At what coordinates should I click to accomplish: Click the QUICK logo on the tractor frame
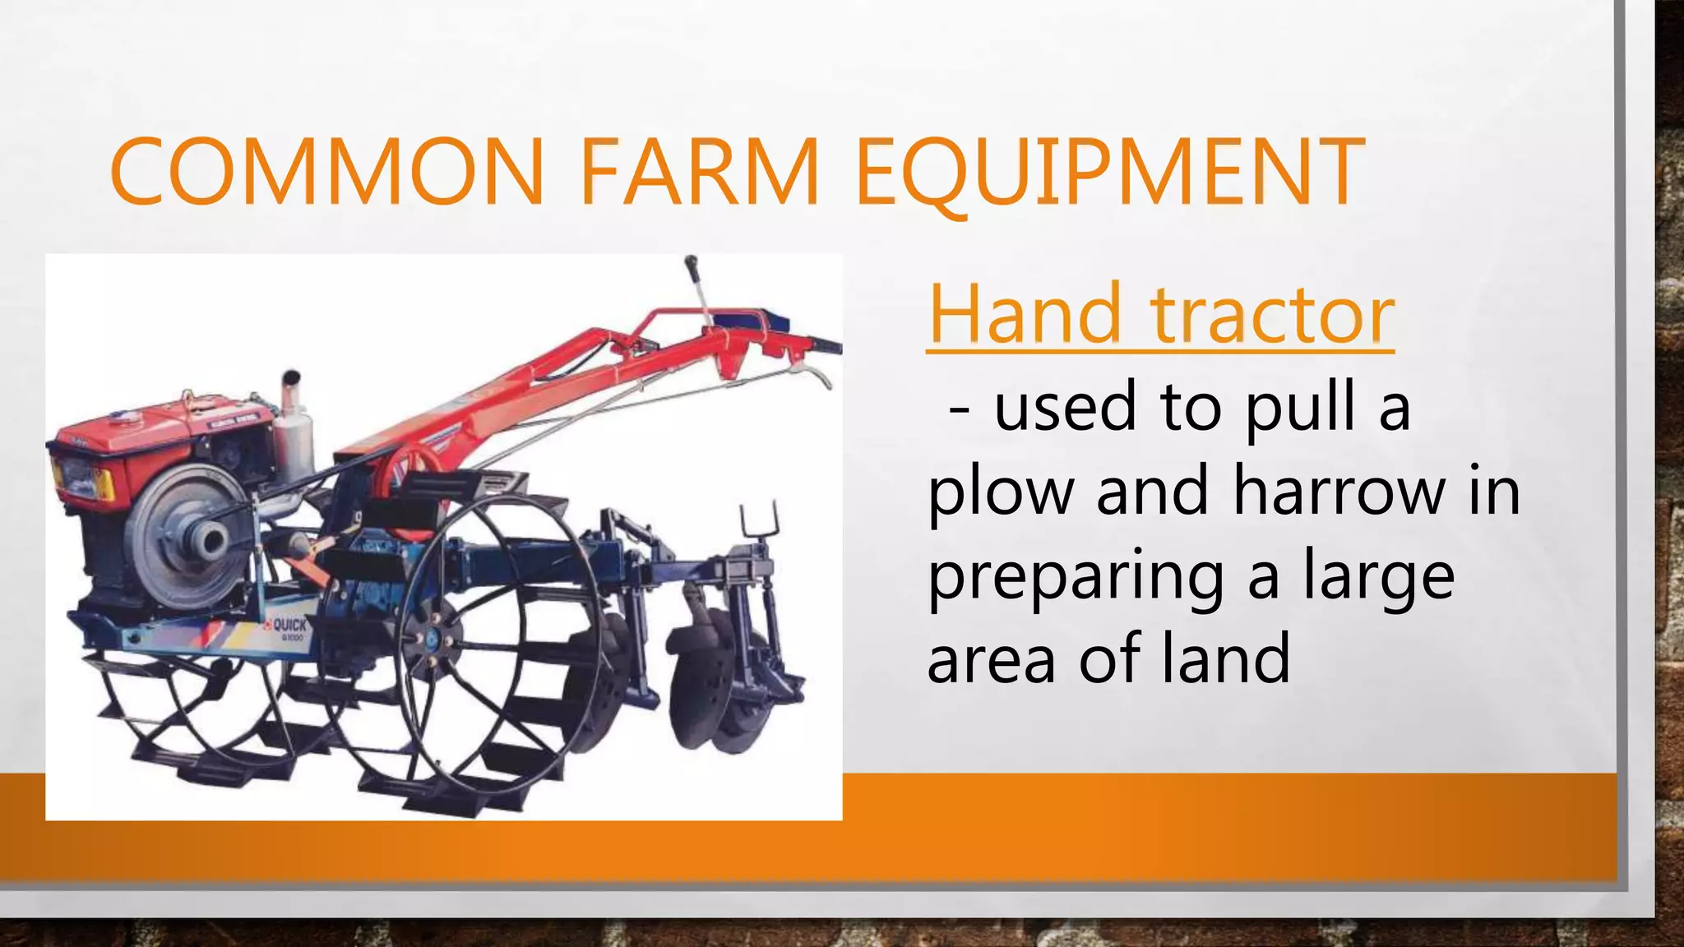[288, 626]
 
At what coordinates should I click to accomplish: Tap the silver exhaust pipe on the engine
[292, 427]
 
